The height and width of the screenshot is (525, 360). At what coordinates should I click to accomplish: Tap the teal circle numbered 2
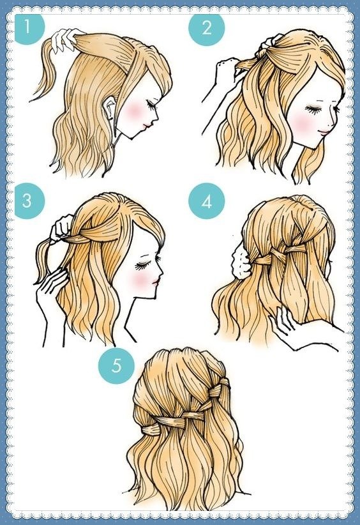coord(206,27)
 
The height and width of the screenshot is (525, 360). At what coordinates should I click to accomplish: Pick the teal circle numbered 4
coord(206,201)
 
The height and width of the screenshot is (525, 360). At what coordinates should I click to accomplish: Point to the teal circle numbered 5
coord(116,365)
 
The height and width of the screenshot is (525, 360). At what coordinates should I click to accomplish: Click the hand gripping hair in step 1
coord(65,39)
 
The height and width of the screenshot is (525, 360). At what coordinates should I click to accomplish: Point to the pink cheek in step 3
coord(140,280)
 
